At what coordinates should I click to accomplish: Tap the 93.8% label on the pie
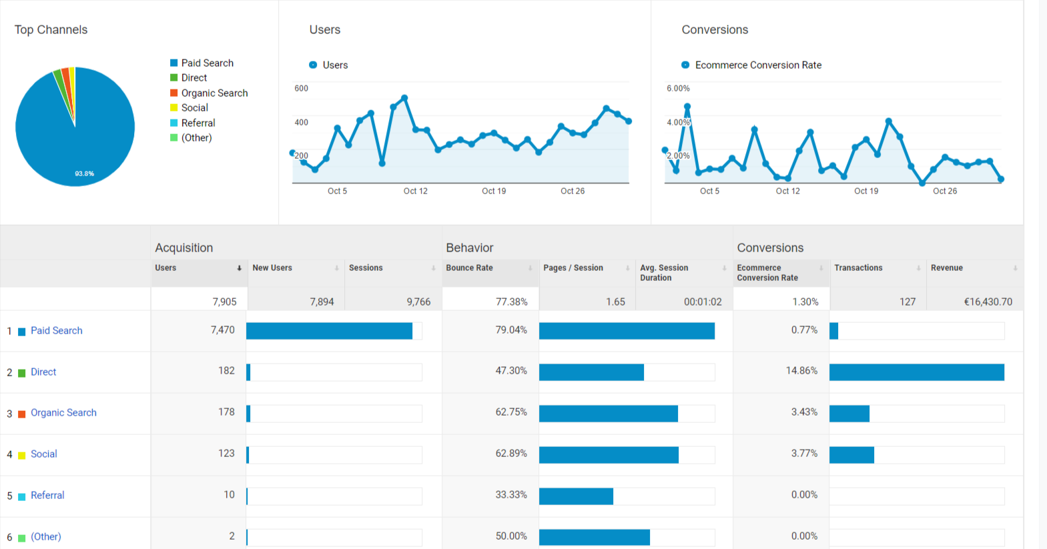coord(85,174)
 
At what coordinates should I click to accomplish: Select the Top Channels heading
coord(51,29)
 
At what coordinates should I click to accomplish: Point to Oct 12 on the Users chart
coord(416,191)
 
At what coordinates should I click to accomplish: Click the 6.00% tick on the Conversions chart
coord(678,88)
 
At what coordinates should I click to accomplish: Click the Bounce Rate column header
coord(469,267)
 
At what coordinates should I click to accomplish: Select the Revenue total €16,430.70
coord(988,302)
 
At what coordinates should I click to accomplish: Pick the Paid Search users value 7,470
coord(222,330)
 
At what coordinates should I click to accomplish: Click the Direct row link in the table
coord(43,372)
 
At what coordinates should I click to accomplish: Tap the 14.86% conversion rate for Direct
coord(801,370)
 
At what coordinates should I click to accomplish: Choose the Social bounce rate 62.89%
coord(511,453)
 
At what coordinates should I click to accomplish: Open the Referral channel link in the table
coord(47,495)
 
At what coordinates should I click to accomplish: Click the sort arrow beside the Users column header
coord(239,268)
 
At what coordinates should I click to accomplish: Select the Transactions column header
coord(858,267)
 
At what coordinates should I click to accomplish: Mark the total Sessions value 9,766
coord(418,302)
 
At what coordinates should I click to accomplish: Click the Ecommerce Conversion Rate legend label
coord(758,65)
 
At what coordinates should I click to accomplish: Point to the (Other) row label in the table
coord(46,536)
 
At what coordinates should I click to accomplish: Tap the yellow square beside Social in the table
coord(21,455)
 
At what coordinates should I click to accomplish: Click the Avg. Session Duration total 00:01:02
coord(703,302)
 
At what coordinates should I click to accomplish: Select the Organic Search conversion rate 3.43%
coord(804,412)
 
